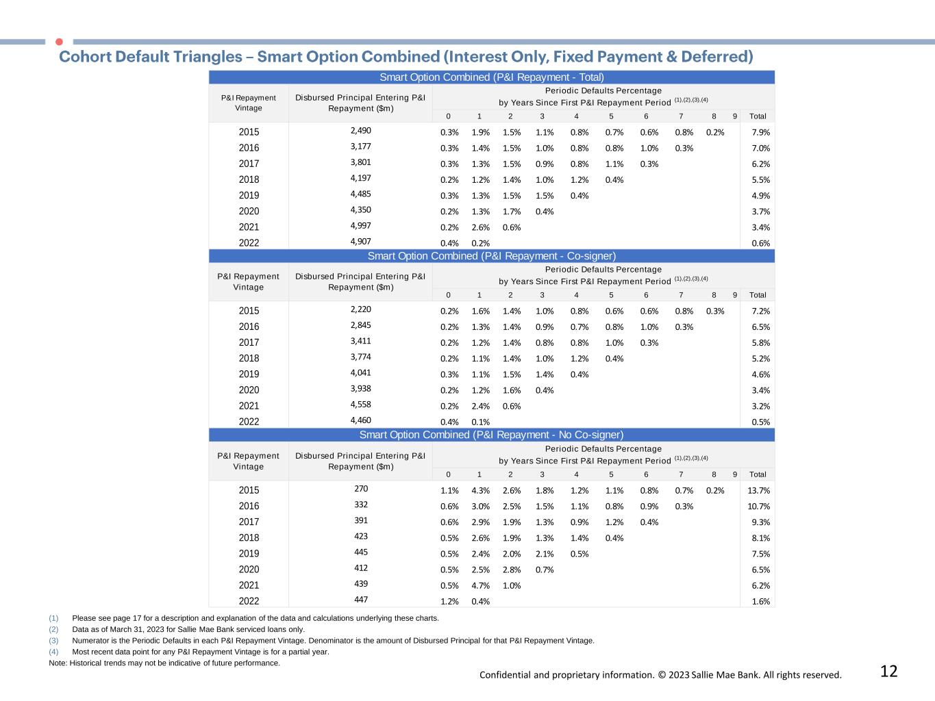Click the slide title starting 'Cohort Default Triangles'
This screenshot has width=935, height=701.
406,56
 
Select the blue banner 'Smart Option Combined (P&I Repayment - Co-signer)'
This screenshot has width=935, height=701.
491,256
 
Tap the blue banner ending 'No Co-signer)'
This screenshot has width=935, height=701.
491,435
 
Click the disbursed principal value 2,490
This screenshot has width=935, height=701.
361,131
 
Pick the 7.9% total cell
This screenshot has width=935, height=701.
760,132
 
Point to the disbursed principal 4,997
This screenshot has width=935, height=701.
361,226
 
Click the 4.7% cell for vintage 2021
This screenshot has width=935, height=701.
480,585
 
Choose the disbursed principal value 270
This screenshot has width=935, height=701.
361,489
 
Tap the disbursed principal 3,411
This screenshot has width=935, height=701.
361,341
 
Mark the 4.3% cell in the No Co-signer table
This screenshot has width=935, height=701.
480,490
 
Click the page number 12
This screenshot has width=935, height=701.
888,672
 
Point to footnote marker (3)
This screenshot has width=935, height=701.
53,641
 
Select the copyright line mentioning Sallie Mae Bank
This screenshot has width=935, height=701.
660,675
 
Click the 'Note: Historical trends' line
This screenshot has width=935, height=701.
164,663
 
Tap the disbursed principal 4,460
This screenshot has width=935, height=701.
361,420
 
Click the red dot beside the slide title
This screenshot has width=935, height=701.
59,42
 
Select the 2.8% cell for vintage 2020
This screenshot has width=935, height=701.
512,570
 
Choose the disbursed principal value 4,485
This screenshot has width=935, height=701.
361,194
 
